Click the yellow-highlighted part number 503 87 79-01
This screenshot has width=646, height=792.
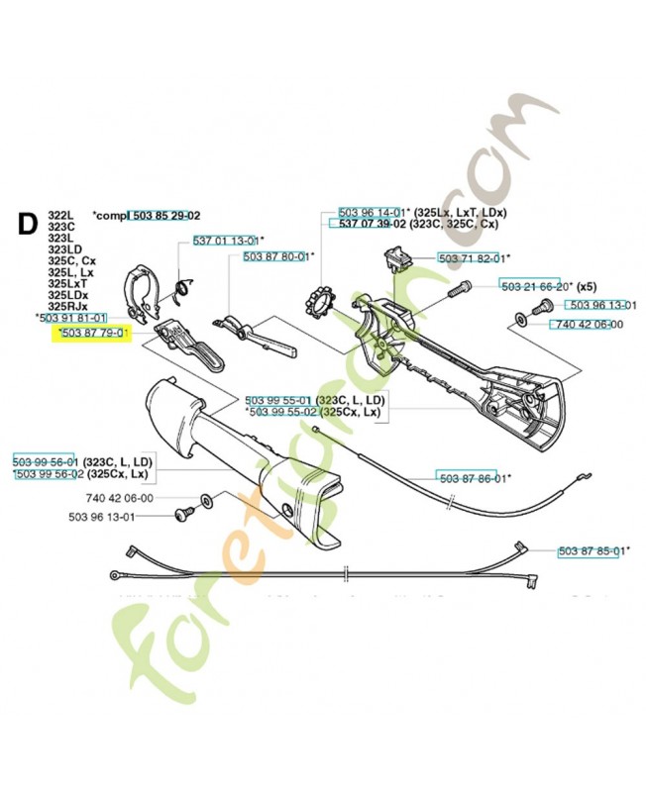(93, 334)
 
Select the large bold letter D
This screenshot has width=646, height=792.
(29, 224)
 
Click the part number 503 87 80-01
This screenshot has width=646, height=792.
(276, 256)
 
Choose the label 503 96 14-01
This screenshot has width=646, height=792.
(372, 212)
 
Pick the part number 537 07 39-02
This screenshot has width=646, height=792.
(372, 225)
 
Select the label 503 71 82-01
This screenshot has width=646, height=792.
(471, 257)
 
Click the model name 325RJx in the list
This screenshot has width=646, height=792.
(67, 306)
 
